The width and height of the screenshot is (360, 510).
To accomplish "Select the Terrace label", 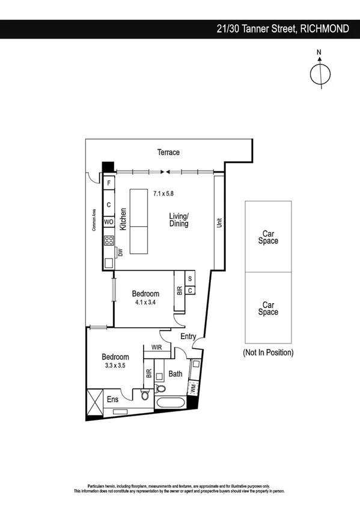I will click(x=168, y=152).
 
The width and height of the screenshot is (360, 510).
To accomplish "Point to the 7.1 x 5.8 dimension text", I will click(x=163, y=194).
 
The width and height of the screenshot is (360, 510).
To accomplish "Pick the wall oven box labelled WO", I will click(x=109, y=222).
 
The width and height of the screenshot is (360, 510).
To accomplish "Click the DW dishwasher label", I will click(x=120, y=253).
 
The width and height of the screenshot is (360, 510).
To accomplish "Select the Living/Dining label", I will click(x=178, y=220).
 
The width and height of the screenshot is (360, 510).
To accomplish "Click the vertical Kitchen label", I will click(x=123, y=220).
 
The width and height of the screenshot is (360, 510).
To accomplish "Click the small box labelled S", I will click(x=190, y=278).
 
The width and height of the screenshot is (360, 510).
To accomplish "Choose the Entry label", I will click(x=188, y=337).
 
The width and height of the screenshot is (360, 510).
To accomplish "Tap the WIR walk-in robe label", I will click(x=156, y=347).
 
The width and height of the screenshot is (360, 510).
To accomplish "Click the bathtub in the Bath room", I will click(x=172, y=404).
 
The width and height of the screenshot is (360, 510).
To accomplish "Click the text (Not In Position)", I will click(x=268, y=352).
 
